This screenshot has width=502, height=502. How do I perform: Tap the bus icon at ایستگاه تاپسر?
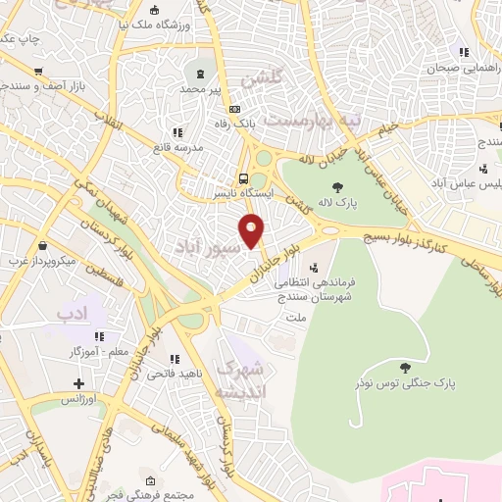click(242, 178)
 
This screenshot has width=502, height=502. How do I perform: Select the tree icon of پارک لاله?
click(337, 187)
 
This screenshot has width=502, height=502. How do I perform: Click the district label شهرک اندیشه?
click(240, 380)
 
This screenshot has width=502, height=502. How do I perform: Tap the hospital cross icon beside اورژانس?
click(79, 383)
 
